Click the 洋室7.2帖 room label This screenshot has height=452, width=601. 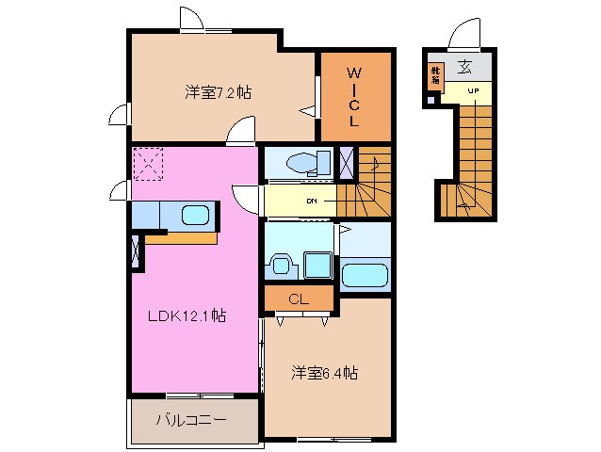click(x=217, y=92)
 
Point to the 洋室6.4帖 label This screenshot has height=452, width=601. click(x=322, y=373)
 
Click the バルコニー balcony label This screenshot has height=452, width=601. click(x=191, y=420)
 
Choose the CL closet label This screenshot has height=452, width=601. click(x=299, y=299)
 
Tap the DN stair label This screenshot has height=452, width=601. click(x=311, y=201)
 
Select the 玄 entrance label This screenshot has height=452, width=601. click(x=464, y=67)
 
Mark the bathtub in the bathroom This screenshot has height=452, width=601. click(x=365, y=275)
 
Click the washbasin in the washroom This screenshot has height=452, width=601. click(x=279, y=265)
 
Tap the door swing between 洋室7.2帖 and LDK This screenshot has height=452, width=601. click(x=241, y=131)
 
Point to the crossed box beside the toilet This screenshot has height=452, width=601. click(x=346, y=162)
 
